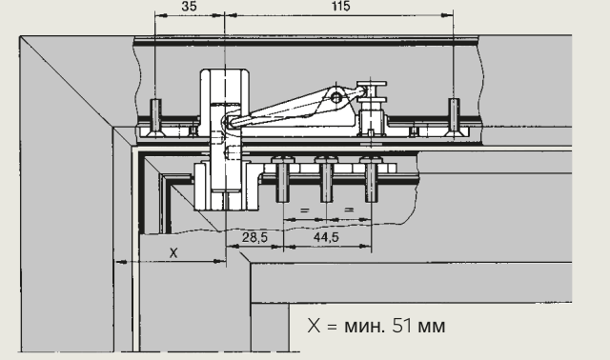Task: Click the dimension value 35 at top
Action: point(189,6)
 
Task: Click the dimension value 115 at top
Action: point(341,6)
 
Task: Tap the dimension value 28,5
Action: point(254,237)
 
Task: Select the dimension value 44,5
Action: point(326,237)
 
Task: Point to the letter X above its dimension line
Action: point(173,253)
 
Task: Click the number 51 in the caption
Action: point(402,326)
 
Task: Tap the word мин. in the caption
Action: point(364,327)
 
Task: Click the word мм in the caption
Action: point(432,328)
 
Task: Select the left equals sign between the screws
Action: point(305,210)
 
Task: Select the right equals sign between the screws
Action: point(349,210)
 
